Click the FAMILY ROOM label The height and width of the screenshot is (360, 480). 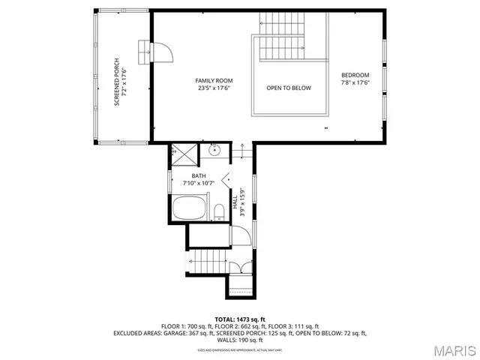tap(214, 80)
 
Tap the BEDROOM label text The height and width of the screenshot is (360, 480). tap(355, 75)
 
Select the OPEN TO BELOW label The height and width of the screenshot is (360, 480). tap(288, 88)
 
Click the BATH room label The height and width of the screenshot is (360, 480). tap(198, 176)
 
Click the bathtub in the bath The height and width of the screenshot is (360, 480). tap(192, 208)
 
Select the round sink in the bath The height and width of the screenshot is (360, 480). tap(214, 151)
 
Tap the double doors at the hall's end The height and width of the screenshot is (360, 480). tap(239, 267)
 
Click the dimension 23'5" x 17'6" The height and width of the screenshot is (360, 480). tap(214, 88)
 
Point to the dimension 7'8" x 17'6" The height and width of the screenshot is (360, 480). tap(355, 83)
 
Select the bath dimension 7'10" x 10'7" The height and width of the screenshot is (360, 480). tap(198, 183)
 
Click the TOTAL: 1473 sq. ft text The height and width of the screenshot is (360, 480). tap(240, 319)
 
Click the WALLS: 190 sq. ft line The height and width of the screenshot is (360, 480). tap(240, 340)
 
